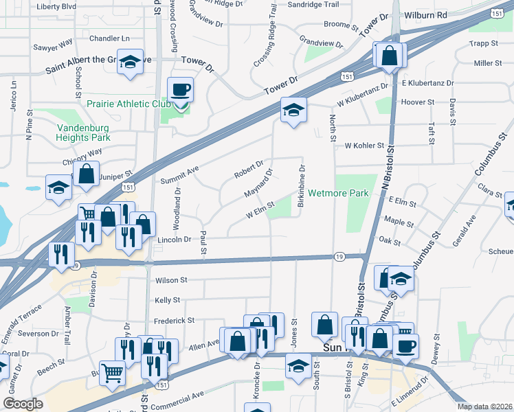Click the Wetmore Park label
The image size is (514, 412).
tap(339, 193)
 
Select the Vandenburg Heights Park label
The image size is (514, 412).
tap(84, 132)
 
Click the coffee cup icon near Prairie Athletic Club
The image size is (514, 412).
tap(181, 90)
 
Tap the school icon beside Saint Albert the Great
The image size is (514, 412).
tap(129, 62)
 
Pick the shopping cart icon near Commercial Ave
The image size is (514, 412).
tap(112, 373)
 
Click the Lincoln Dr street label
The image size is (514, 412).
tap(174, 240)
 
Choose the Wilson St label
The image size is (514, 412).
tap(171, 280)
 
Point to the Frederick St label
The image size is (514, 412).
tap(175, 320)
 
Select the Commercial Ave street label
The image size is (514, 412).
tap(183, 396)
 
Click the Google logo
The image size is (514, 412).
tap(23, 404)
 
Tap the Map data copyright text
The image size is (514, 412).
tap(485, 407)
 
